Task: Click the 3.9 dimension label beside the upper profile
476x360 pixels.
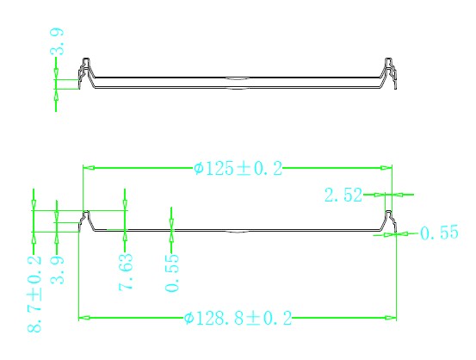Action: coord(57,41)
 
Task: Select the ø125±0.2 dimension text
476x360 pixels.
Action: coord(238,168)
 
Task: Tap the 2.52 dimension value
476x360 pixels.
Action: coord(343,195)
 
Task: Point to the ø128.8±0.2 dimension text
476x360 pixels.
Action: coord(238,318)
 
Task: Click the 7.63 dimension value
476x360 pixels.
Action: coord(126,272)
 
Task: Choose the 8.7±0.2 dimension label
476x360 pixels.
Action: coord(34,294)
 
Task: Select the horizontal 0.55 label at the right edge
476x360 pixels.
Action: coord(439,233)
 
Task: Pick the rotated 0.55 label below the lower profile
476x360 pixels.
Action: coord(172,273)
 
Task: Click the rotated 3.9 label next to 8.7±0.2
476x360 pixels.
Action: coord(57,270)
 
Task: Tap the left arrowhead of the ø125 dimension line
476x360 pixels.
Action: coord(89,168)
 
